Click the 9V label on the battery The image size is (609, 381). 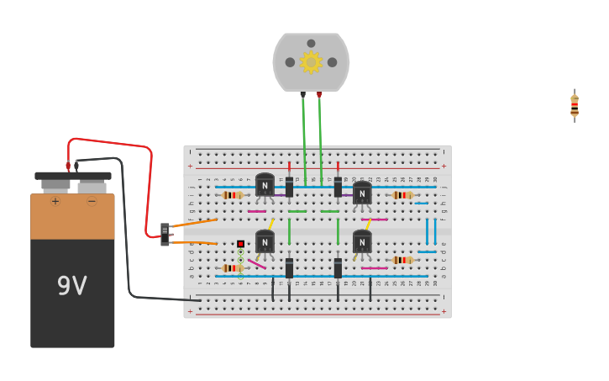71,286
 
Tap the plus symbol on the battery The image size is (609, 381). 55,202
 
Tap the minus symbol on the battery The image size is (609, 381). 92,202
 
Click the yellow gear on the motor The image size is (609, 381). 311,62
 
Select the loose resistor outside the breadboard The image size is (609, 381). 575,106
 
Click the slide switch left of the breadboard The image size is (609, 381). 165,234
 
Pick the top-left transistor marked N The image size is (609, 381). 265,185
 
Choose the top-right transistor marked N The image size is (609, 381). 362,193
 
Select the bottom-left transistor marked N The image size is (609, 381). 265,242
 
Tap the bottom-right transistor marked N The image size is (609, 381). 362,242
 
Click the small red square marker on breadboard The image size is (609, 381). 240,244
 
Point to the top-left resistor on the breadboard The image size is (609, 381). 233,195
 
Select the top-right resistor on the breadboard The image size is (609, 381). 403,195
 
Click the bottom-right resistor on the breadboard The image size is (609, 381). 403,260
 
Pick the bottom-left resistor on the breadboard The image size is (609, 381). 233,268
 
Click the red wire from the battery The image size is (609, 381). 150,185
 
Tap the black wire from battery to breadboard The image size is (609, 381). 127,235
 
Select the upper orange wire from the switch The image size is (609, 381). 193,223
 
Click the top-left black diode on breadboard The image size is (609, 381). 289,187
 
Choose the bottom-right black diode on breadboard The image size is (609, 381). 338,268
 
